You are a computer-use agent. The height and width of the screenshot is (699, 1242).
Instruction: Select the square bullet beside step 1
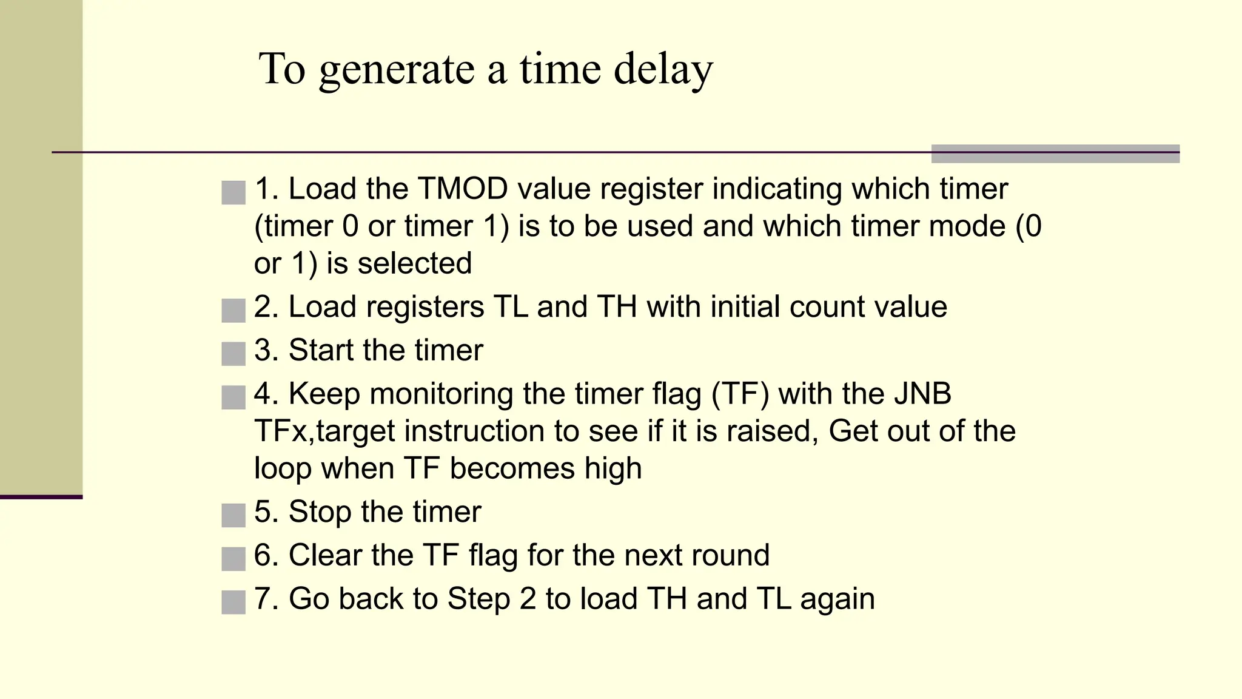click(233, 192)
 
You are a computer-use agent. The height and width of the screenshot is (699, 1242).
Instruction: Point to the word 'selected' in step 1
click(414, 263)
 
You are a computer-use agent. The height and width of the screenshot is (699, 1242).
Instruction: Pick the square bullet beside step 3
click(233, 354)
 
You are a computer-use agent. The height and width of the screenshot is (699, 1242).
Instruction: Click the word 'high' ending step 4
click(613, 468)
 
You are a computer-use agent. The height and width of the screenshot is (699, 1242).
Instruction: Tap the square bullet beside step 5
click(233, 515)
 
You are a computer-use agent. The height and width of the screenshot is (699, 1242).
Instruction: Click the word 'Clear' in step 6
click(325, 555)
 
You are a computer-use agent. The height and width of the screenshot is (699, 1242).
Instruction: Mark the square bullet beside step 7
click(233, 602)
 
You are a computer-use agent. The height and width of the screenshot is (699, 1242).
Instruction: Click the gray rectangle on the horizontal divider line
click(1055, 154)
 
